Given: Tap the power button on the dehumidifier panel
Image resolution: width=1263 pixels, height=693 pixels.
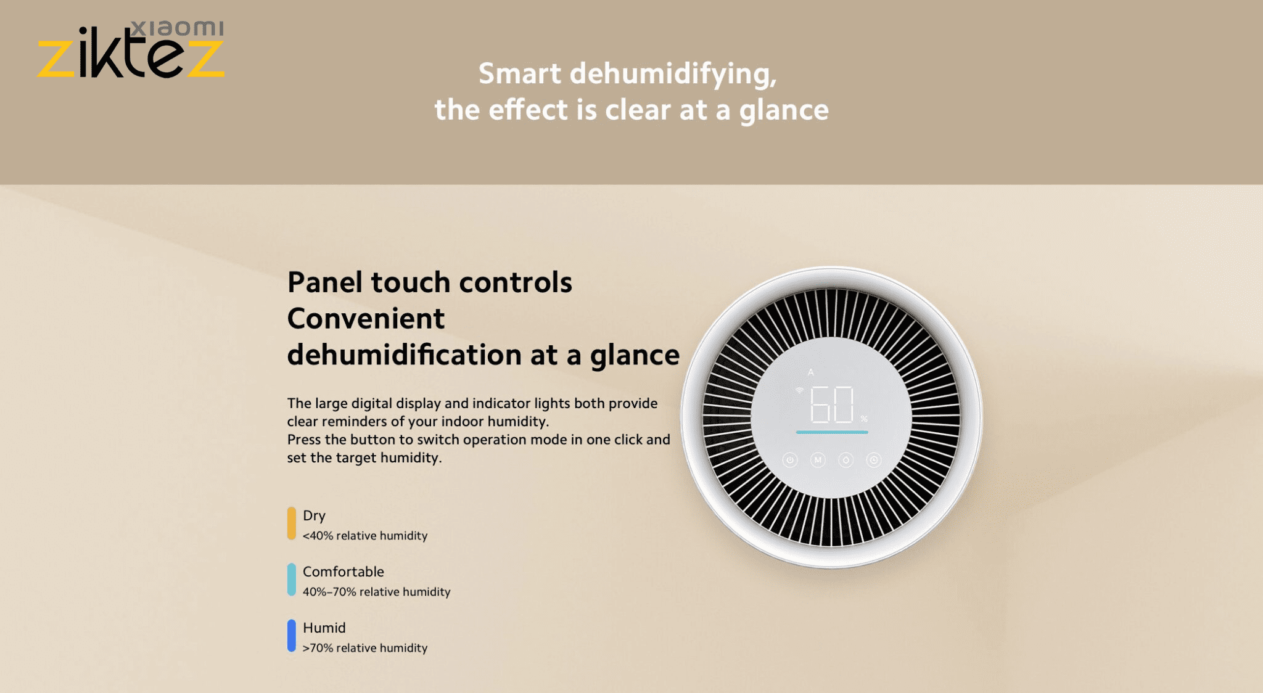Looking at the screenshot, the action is (x=790, y=460).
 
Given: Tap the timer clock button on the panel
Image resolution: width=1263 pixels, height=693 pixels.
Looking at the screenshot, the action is (x=874, y=460).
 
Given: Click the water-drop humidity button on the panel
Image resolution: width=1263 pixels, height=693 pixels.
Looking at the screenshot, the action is (x=846, y=460).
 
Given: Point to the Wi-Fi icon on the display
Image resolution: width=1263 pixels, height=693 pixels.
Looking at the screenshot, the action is (x=800, y=390).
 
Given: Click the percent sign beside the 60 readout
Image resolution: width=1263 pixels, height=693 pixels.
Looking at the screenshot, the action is (x=864, y=419).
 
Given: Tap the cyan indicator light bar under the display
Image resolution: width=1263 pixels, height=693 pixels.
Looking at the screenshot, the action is (x=832, y=432).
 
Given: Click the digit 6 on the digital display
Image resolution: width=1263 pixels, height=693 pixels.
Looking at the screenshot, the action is (x=820, y=404).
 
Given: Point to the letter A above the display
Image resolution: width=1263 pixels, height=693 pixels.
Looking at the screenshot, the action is (x=811, y=372).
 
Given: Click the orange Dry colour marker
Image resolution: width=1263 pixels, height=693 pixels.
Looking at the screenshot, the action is (x=292, y=523).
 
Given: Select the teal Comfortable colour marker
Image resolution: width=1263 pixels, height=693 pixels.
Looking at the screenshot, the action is (x=292, y=580).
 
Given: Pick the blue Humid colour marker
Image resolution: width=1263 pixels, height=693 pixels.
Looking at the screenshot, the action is (x=292, y=636).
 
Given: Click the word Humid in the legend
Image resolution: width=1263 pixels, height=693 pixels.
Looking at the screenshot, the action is (x=324, y=628).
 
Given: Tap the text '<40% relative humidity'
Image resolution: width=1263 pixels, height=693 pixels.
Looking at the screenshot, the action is (x=365, y=536).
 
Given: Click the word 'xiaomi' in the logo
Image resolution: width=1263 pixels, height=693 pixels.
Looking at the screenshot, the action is (x=178, y=28).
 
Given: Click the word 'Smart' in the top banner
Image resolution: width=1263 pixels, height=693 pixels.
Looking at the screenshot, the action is (x=520, y=73).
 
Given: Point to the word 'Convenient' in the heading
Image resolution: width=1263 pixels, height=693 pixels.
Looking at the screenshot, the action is (x=366, y=319).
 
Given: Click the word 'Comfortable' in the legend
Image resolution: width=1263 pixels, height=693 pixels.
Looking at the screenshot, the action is (x=344, y=572).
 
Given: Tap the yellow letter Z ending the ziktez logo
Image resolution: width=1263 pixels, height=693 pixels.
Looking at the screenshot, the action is (x=205, y=59).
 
